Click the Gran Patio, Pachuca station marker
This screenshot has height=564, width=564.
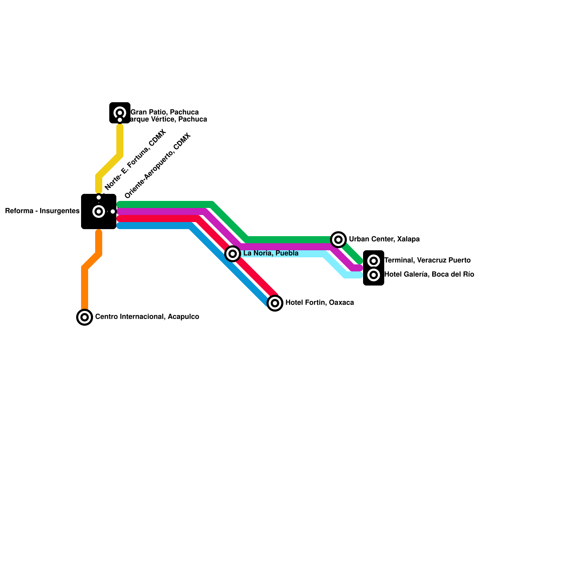tap(120, 113)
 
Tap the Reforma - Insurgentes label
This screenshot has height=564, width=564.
tap(42, 211)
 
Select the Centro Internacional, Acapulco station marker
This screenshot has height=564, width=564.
tap(85, 317)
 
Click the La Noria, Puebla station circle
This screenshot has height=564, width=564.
tap(233, 254)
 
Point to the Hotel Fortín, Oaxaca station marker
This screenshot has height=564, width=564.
tap(275, 303)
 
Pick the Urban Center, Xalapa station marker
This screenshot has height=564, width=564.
tap(338, 240)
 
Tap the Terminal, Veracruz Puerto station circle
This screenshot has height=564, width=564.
tap(374, 261)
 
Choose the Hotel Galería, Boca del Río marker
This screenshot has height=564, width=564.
tap(374, 275)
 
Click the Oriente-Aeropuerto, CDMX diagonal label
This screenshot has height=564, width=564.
tap(158, 166)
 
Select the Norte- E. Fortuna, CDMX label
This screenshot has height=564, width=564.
tap(135, 160)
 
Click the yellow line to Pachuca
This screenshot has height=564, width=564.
tap(120, 141)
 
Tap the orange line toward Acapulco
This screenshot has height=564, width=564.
tap(85, 286)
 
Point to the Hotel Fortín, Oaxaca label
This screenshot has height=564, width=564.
tap(320, 303)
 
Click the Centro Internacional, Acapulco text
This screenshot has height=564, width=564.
tap(147, 317)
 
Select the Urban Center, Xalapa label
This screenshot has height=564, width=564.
tap(384, 239)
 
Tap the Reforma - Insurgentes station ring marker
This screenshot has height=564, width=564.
tap(99, 211)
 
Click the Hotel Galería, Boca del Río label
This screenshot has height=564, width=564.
tap(429, 275)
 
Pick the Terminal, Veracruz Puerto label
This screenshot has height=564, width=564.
tap(427, 260)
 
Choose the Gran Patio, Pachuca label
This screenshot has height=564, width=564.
tap(165, 112)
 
